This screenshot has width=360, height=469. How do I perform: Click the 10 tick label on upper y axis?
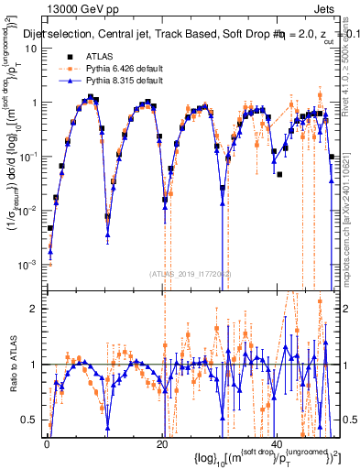click(x=32, y=49)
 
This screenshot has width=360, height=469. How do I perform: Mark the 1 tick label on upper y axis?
click(x=35, y=103)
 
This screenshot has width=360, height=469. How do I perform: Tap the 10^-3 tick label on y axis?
click(x=29, y=264)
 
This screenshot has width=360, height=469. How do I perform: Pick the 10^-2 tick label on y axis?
click(x=29, y=210)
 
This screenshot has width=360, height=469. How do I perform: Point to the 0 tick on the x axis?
click(x=47, y=442)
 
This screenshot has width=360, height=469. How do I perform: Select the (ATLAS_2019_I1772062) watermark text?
click(x=191, y=273)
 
